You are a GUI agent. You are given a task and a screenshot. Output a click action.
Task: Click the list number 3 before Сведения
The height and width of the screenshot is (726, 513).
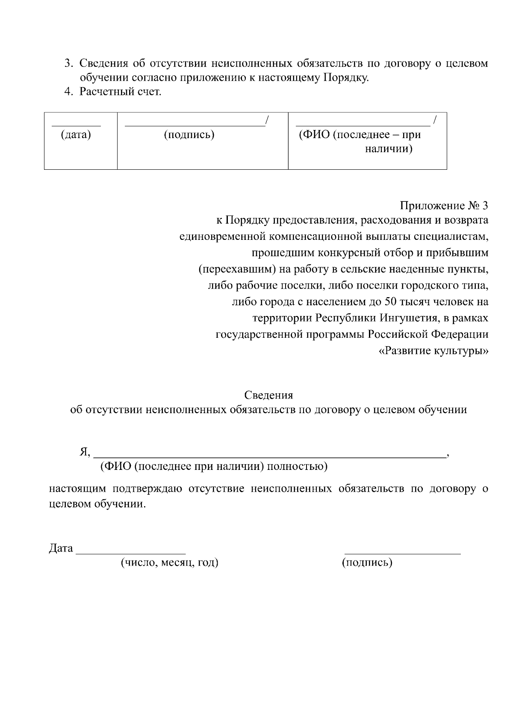(x=67, y=64)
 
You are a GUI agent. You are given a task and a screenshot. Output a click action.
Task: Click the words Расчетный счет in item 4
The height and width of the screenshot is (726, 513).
(x=120, y=92)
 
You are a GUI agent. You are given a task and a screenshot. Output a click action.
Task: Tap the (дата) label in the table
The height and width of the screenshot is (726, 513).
(x=76, y=135)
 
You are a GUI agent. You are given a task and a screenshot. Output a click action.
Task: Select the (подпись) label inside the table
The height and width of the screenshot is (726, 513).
(x=189, y=135)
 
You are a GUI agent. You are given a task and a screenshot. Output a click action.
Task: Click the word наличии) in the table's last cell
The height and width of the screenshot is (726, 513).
(x=389, y=150)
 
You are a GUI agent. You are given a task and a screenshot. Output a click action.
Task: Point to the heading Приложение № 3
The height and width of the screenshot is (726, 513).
(x=444, y=206)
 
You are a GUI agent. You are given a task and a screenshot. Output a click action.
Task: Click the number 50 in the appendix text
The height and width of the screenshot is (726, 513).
(x=391, y=302)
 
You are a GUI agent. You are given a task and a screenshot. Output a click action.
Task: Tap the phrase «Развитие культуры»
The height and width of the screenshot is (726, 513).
(x=433, y=351)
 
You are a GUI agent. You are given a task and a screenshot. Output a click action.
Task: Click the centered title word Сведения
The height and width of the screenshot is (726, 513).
(x=268, y=395)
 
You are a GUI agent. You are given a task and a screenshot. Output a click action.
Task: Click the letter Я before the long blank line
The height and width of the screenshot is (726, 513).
(x=83, y=452)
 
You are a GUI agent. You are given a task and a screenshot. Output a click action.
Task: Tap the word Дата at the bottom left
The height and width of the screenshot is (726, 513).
(x=61, y=549)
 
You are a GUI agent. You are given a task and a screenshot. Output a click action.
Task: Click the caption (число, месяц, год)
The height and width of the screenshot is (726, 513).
(x=169, y=563)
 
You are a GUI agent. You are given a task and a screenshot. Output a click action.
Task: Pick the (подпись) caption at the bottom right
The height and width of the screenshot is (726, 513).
(x=367, y=563)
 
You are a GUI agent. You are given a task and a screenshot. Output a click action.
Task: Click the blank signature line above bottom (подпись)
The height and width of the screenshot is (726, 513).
(x=402, y=553)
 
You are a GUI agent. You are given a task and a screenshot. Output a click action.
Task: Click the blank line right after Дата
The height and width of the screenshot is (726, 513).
(x=130, y=553)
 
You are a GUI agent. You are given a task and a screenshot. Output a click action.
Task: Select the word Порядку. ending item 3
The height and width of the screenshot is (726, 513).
(x=345, y=78)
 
